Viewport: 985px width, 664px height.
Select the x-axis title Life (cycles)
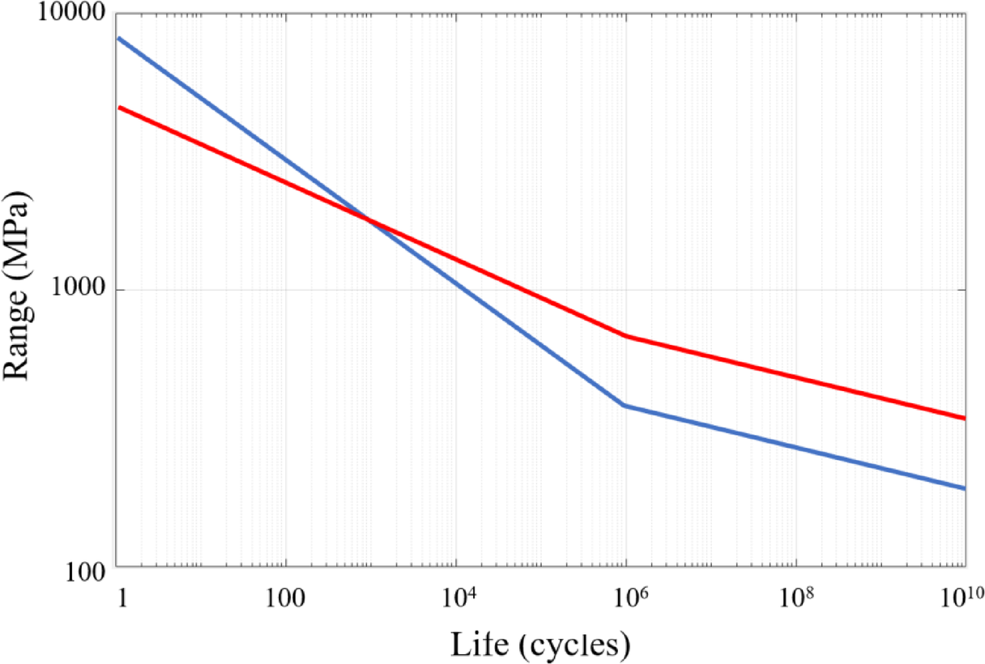pyautogui.click(x=540, y=644)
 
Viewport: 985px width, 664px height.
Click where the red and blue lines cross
pyautogui.click(x=367, y=219)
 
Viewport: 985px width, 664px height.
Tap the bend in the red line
pyautogui.click(x=625, y=335)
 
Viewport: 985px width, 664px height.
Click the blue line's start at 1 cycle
pyautogui.click(x=118, y=38)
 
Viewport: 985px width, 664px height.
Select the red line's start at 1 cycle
pyautogui.click(x=118, y=107)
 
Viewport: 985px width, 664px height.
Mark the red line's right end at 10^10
pyautogui.click(x=965, y=419)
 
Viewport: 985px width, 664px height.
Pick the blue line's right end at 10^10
pyautogui.click(x=965, y=488)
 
